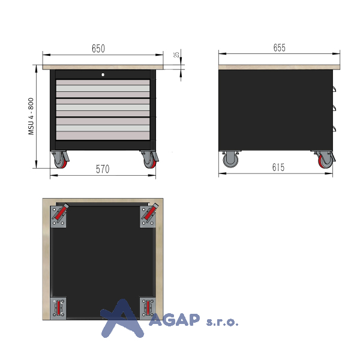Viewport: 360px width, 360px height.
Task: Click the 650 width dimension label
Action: pyautogui.click(x=98, y=49)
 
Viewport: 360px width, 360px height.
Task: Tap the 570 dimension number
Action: pyautogui.click(x=103, y=169)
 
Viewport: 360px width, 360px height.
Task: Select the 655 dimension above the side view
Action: pyautogui.click(x=280, y=48)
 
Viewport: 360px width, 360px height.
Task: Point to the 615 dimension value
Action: pyautogui.click(x=278, y=167)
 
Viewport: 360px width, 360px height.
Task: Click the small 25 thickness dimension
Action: pyautogui.click(x=176, y=55)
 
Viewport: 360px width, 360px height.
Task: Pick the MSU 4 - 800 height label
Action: pyautogui.click(x=31, y=116)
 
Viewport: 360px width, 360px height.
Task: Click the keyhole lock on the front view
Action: pyautogui.click(x=103, y=74)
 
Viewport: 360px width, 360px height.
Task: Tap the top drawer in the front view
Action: pyautogui.click(x=103, y=89)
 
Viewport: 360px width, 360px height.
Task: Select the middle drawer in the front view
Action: pyautogui.click(x=103, y=107)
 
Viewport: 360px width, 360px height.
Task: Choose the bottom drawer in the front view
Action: pyautogui.click(x=103, y=128)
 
